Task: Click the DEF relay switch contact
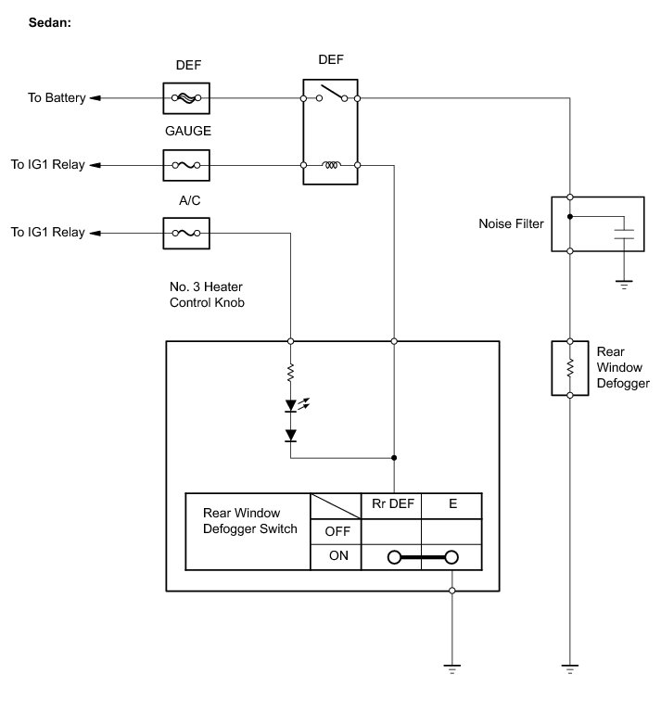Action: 331,93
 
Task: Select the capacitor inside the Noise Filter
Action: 624,231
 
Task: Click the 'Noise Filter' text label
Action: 511,223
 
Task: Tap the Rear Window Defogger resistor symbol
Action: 570,367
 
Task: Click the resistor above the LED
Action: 291,373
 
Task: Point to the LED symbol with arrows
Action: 292,405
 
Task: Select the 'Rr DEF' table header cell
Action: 390,505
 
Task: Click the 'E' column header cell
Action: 452,505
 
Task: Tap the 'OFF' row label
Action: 336,531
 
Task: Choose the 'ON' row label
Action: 336,556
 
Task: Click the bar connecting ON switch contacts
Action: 423,557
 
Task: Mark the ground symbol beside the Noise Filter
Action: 624,283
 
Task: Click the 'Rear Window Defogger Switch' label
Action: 248,521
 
